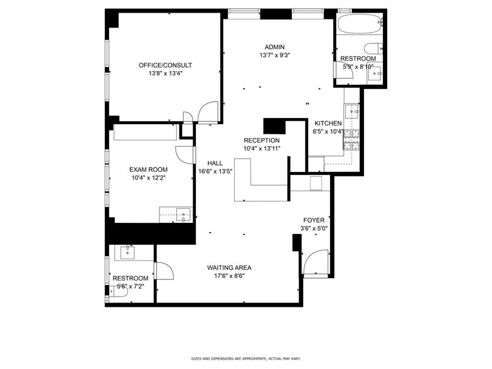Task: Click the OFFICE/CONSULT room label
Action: (x=165, y=65)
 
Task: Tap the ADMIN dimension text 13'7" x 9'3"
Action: (x=274, y=55)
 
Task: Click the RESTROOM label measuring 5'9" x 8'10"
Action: (x=358, y=58)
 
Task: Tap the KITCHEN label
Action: (x=328, y=123)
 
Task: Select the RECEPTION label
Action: (x=262, y=140)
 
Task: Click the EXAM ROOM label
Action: (x=148, y=169)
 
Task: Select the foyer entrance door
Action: (x=316, y=262)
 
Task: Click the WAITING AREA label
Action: (x=229, y=267)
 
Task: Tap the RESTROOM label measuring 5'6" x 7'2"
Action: (x=131, y=278)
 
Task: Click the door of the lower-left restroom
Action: (x=164, y=271)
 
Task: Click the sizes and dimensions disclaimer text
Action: (x=245, y=358)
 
